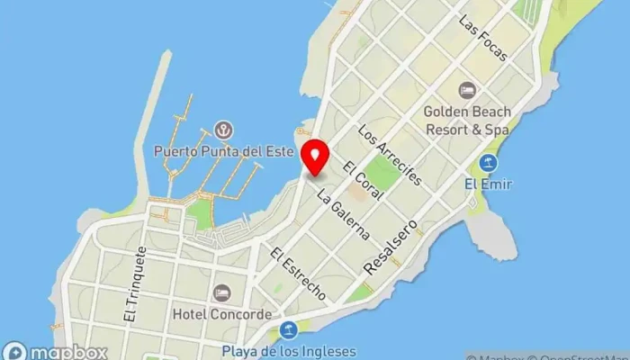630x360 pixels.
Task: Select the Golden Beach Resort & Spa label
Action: point(468,120)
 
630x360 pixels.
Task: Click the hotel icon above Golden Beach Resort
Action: point(466,90)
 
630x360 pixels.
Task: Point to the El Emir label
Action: point(488,184)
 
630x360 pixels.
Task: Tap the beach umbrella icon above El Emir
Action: point(488,164)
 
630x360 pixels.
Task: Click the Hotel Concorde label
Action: point(221,315)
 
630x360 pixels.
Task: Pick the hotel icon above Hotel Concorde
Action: point(221,293)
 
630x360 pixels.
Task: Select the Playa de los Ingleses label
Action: point(288,352)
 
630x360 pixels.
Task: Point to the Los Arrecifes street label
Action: point(389,154)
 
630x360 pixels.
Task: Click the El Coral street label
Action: point(364,180)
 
